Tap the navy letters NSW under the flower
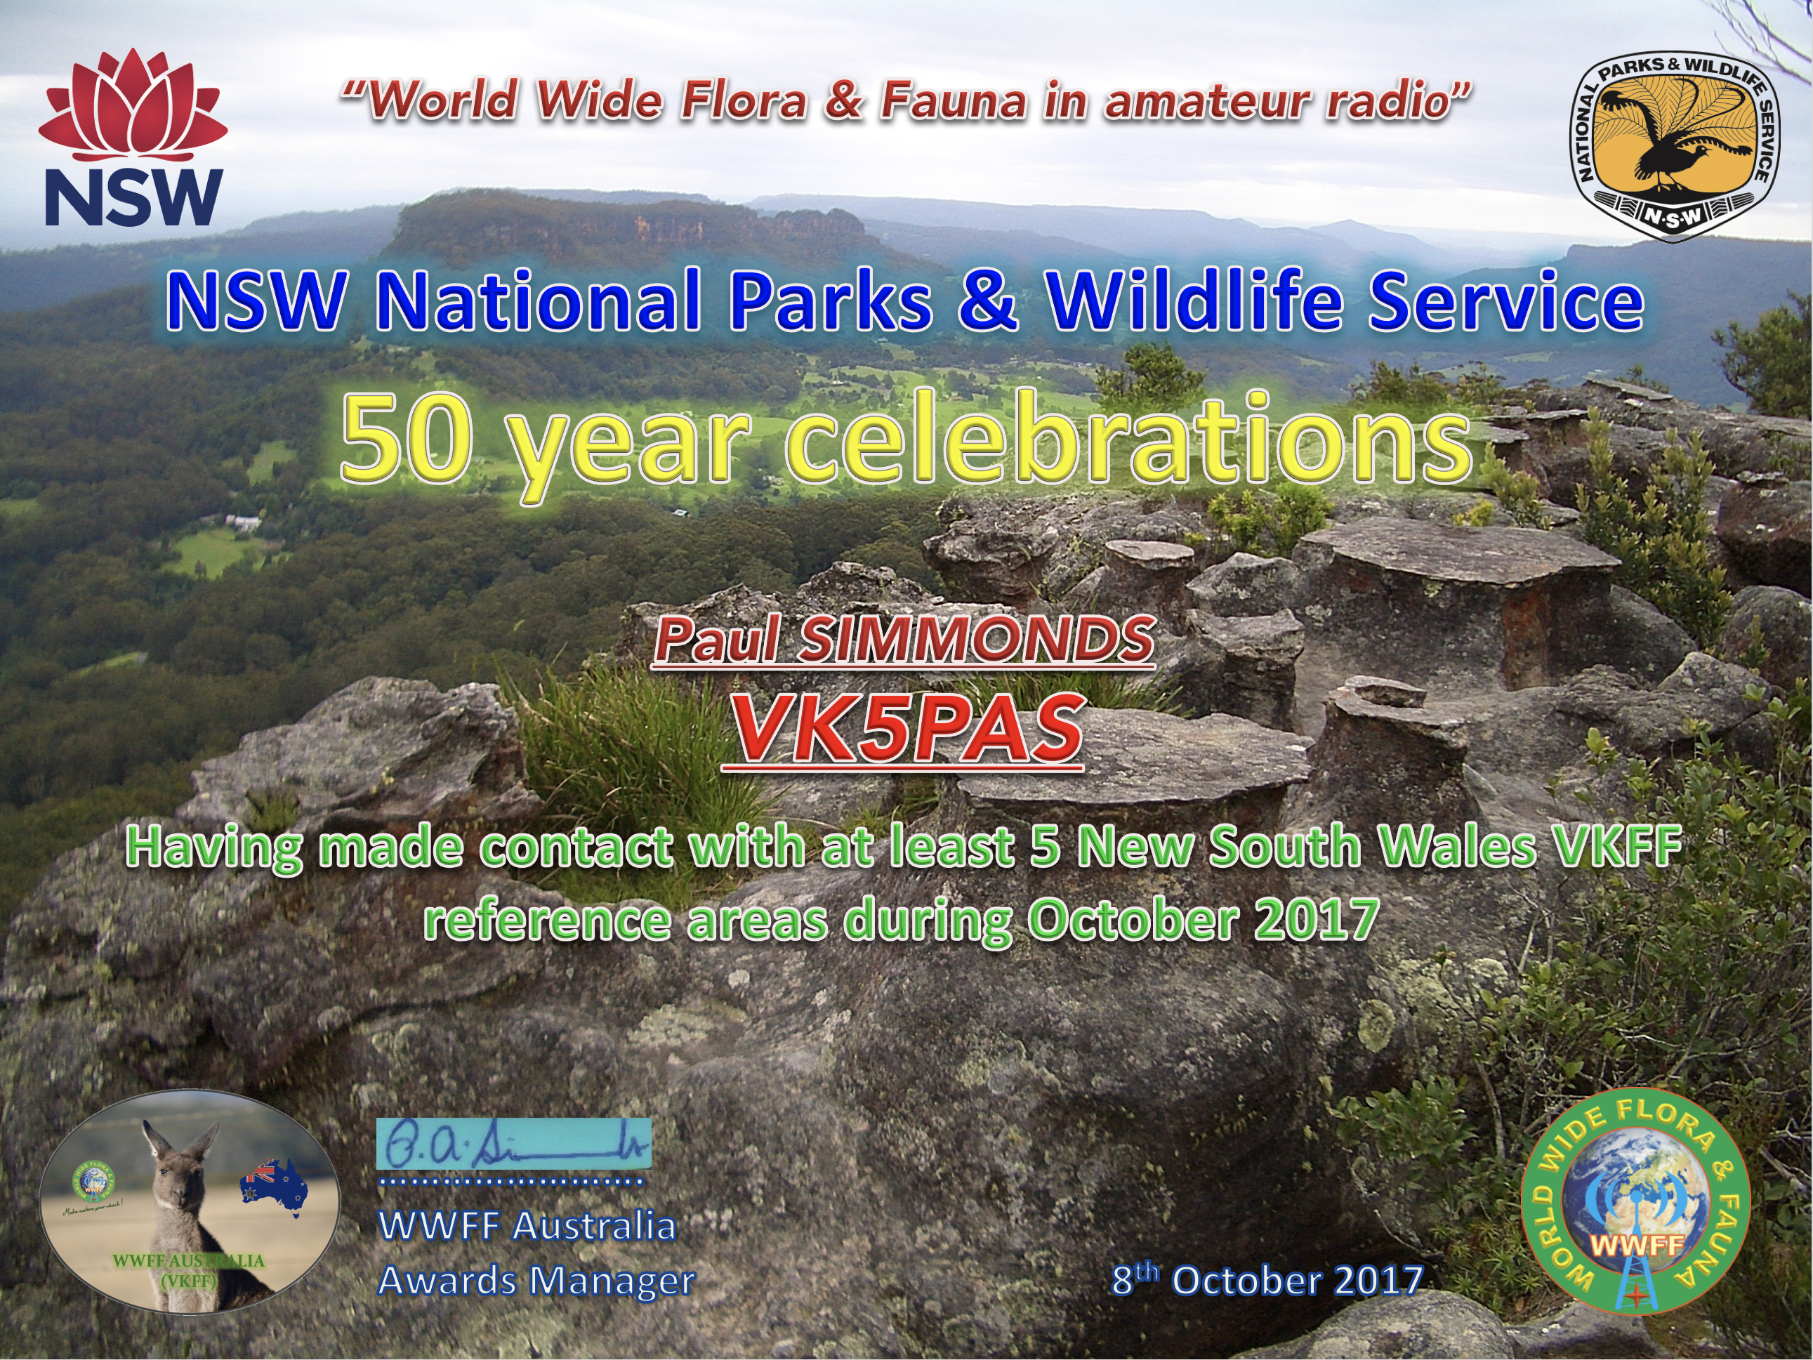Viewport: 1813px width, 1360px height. point(133,197)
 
